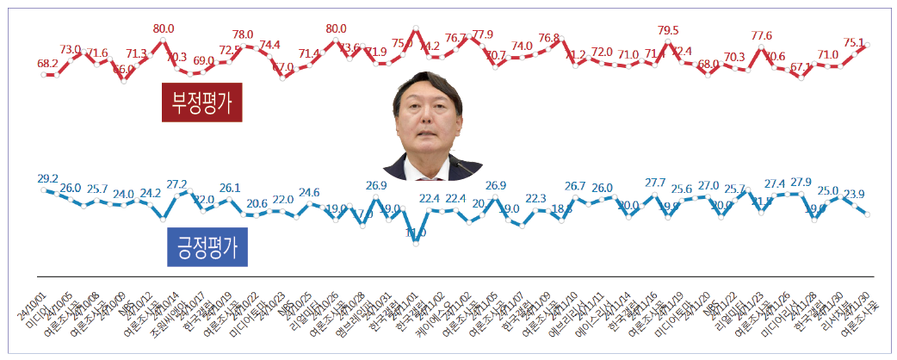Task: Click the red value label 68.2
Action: point(47,64)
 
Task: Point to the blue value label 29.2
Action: point(47,178)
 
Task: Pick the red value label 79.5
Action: point(666,31)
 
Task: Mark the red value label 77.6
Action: point(761,35)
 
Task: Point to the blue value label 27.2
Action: point(176,184)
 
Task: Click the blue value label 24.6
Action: point(309,192)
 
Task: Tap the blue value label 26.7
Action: point(575,186)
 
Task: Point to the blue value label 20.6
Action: point(257,203)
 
